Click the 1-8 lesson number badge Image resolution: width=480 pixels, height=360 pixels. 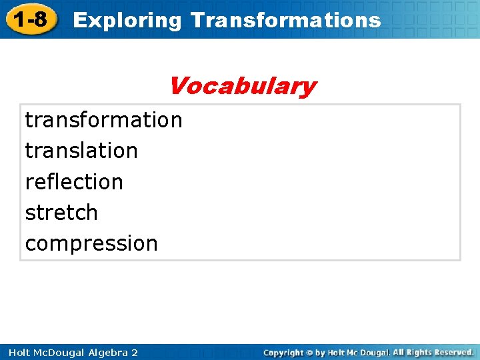(x=29, y=19)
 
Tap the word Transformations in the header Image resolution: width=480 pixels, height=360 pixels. (x=285, y=20)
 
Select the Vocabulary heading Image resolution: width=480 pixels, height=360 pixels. (x=242, y=86)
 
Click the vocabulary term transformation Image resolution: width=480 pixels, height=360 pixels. (x=103, y=120)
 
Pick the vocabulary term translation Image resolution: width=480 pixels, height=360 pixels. (x=81, y=151)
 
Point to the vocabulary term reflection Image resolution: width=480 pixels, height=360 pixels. (x=74, y=181)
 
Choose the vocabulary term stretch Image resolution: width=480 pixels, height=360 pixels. (x=61, y=213)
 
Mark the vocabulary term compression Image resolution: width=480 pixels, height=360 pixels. (x=91, y=243)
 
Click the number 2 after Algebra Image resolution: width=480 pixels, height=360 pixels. (x=135, y=352)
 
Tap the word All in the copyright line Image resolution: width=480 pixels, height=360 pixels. (x=398, y=352)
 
